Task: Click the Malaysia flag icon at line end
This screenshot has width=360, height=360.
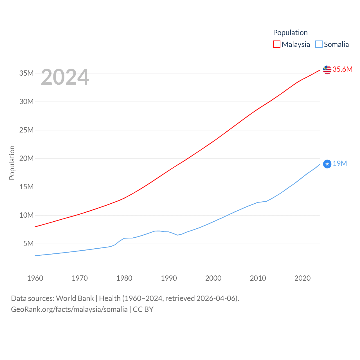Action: click(327, 70)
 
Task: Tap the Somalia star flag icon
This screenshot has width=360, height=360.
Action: click(327, 164)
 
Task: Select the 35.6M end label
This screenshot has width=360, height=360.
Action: click(342, 69)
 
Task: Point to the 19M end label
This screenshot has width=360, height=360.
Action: click(340, 163)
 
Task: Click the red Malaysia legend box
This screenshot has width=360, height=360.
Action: click(277, 44)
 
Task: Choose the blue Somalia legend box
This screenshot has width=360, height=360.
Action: click(319, 44)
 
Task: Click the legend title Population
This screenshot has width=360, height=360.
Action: click(290, 33)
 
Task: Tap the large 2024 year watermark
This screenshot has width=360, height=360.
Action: click(65, 77)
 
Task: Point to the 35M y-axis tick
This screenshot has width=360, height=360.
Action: click(26, 73)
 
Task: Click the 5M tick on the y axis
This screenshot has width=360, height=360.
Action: click(28, 244)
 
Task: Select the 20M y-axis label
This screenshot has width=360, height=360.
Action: click(26, 158)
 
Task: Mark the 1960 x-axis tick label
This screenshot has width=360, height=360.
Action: click(35, 278)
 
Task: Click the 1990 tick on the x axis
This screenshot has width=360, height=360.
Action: click(169, 278)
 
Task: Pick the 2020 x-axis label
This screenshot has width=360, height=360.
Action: click(302, 278)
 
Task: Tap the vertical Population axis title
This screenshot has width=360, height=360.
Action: click(12, 163)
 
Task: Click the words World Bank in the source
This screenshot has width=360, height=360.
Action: click(75, 298)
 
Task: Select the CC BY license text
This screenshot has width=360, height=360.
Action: click(143, 309)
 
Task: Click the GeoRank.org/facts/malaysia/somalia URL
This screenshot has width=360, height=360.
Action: click(69, 309)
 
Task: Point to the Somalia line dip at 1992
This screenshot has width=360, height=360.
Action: click(177, 235)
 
